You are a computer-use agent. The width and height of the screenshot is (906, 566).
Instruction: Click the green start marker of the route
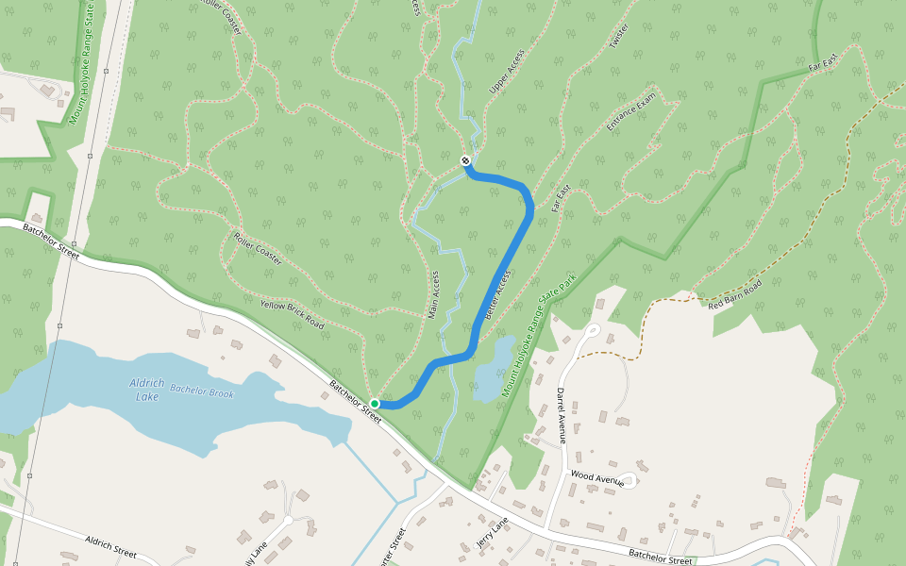tap(375, 404)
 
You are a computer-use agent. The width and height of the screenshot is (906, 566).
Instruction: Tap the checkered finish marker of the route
tap(465, 161)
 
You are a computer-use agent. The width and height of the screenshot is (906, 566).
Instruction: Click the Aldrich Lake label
tap(146, 390)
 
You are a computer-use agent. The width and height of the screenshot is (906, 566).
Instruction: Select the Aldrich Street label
tap(111, 546)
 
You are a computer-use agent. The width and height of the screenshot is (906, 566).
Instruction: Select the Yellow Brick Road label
tap(292, 314)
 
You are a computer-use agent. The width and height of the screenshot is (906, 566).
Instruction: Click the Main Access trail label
tap(435, 294)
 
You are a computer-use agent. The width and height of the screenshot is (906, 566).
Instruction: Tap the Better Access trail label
tap(497, 298)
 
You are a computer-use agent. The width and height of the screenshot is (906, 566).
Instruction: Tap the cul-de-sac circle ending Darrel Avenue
tap(593, 330)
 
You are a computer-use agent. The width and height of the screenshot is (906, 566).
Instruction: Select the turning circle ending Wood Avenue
tap(629, 481)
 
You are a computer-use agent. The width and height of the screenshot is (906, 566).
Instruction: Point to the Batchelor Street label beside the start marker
tap(355, 400)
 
